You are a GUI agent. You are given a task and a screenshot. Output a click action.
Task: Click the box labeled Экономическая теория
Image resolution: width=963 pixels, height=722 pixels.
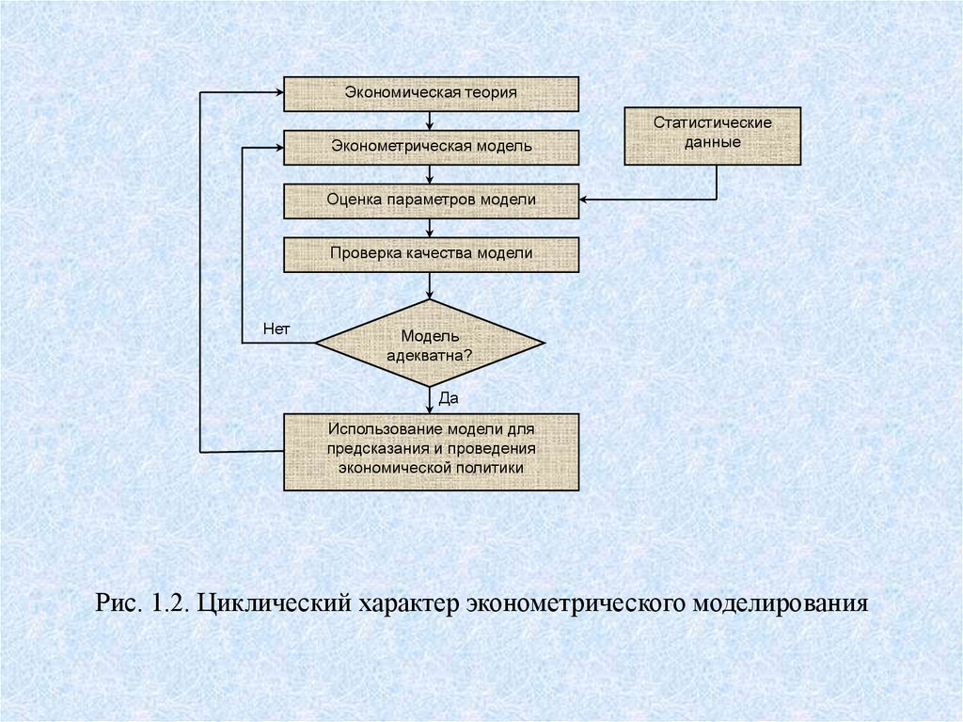point(431,93)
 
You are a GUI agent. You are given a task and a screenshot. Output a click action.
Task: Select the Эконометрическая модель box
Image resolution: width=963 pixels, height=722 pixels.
point(431,147)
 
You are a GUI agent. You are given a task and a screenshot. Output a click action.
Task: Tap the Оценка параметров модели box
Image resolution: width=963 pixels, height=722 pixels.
point(431,201)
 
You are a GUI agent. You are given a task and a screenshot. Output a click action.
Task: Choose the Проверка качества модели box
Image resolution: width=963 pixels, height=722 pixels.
point(431,254)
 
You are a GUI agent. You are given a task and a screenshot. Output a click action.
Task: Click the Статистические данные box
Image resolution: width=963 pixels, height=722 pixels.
point(712,136)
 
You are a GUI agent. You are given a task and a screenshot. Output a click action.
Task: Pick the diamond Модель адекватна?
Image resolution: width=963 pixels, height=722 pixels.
point(430,343)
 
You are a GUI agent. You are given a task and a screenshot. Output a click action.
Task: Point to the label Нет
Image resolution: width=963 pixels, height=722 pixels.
point(276,329)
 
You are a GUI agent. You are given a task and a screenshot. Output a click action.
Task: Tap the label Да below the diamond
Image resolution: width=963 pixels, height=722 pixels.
point(448,399)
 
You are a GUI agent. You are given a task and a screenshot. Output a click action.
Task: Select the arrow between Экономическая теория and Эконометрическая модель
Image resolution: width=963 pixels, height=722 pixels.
point(430,120)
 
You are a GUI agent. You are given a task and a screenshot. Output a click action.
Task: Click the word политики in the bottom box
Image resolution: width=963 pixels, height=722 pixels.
point(492,467)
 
